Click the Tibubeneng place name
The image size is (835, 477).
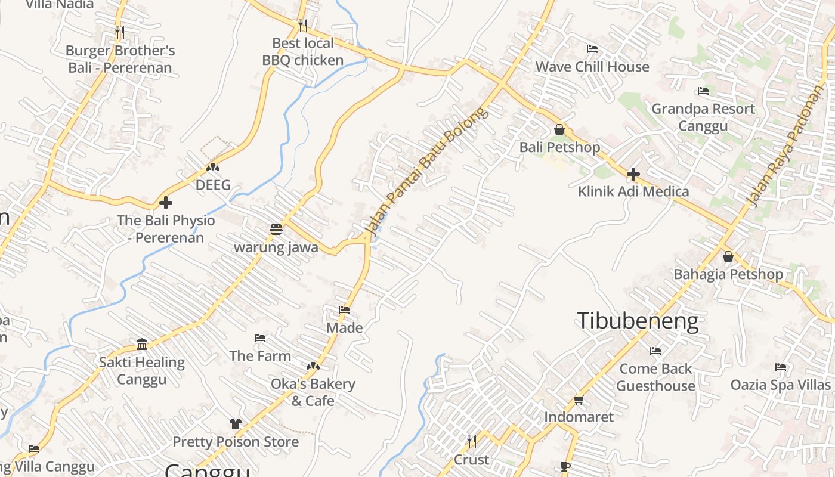click(x=637, y=321)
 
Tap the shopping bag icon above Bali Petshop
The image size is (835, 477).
click(x=559, y=129)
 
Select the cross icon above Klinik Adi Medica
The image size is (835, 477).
click(x=633, y=174)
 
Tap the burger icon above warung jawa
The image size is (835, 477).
click(x=276, y=230)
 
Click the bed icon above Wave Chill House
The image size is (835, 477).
click(x=592, y=49)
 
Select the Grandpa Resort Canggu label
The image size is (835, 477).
click(x=703, y=117)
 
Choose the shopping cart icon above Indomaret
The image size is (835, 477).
click(x=579, y=399)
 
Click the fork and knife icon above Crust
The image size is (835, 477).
click(x=471, y=442)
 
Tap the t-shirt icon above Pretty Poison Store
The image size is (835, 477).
click(x=236, y=424)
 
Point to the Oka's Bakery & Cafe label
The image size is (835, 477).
click(x=313, y=392)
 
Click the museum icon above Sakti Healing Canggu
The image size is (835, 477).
click(x=142, y=344)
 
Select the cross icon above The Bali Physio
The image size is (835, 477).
click(x=166, y=203)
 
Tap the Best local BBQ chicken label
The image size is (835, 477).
click(x=303, y=51)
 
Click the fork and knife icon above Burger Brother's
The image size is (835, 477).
click(x=120, y=32)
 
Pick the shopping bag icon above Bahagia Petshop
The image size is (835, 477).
click(x=728, y=257)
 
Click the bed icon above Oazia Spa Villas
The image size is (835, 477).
click(x=780, y=367)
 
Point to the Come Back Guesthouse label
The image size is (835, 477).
click(x=655, y=377)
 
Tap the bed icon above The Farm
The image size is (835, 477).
click(x=260, y=338)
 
